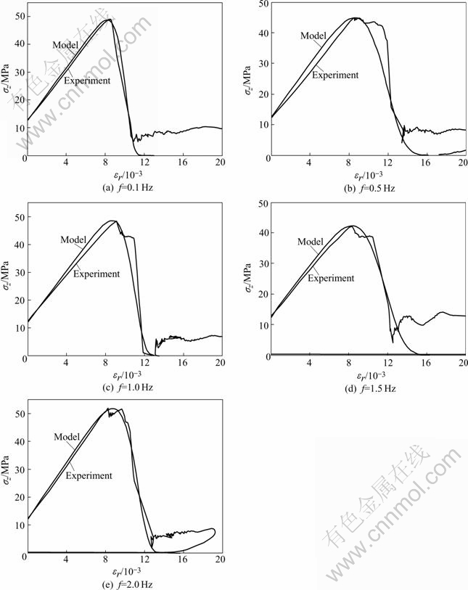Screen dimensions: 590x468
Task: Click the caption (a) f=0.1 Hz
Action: pyautogui.click(x=123, y=188)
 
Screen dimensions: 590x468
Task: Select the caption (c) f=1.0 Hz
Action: pyautogui.click(x=123, y=387)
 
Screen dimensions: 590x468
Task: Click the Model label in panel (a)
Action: pyautogui.click(x=65, y=45)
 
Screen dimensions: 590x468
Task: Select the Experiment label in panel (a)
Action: pyautogui.click(x=87, y=81)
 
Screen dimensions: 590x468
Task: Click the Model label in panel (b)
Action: pyautogui.click(x=313, y=35)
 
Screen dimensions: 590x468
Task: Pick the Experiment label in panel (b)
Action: pyautogui.click(x=335, y=74)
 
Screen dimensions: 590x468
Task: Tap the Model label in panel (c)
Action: pyautogui.click(x=75, y=239)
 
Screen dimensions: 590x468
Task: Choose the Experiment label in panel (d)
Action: pyautogui.click(x=331, y=277)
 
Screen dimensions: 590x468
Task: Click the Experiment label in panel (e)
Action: pyautogui.click(x=89, y=475)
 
